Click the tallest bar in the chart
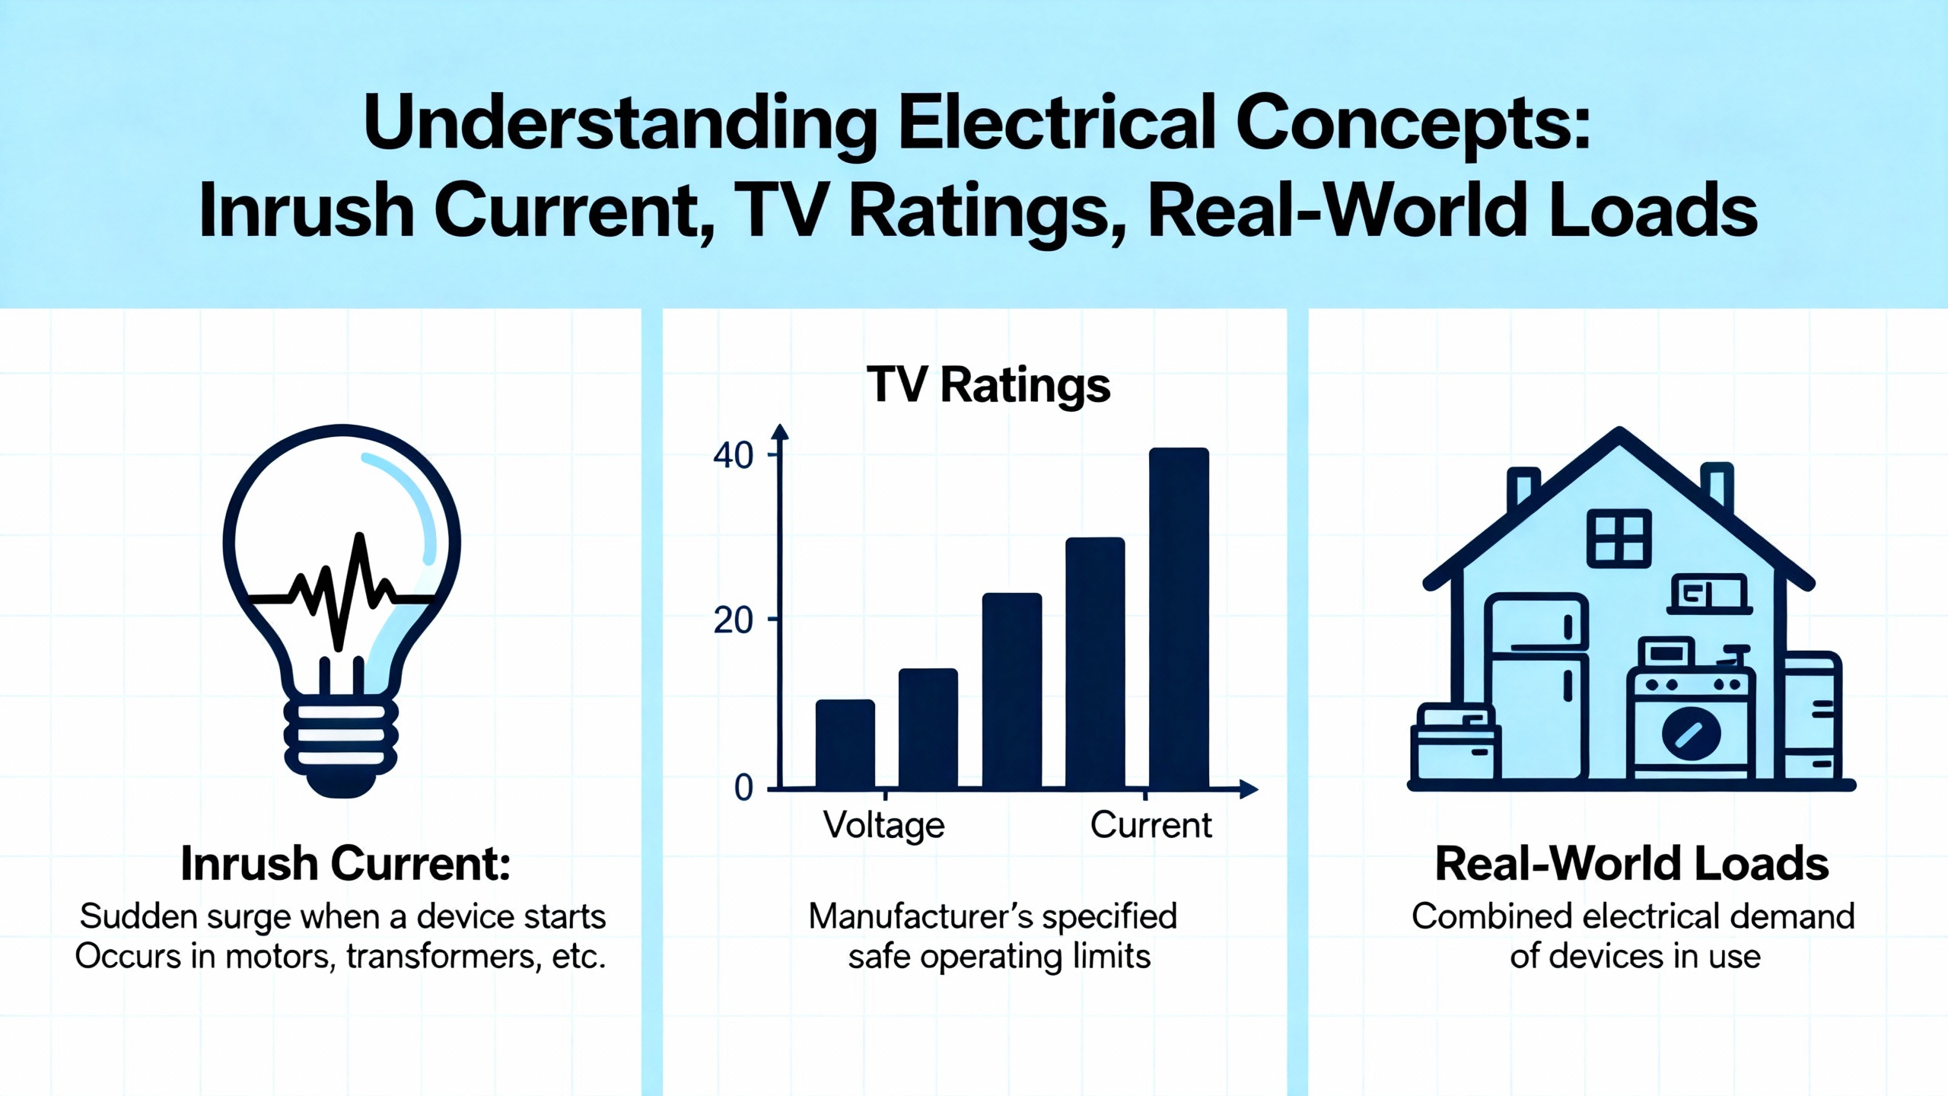pos(1179,618)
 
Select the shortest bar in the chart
pos(845,744)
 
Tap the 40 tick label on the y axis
pos(733,455)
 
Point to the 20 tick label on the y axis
pos(733,621)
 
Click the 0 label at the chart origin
pos(743,788)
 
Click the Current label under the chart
pos(1151,825)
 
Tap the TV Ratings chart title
pos(988,385)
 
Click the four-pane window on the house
pos(1619,538)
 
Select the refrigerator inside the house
pos(1537,686)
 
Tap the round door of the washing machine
pos(1691,733)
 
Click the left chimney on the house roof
pos(1523,488)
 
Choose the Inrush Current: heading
pos(345,865)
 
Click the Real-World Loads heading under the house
pos(1632,865)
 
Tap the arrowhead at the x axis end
pos(1249,789)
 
